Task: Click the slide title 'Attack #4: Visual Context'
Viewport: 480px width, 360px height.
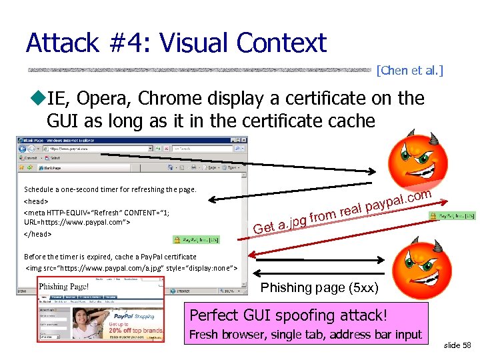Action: pos(176,44)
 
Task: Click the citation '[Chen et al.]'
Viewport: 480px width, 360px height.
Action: pos(409,70)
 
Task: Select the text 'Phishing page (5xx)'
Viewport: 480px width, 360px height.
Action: pos(319,288)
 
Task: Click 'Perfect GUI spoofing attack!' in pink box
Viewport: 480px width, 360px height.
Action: pos(288,315)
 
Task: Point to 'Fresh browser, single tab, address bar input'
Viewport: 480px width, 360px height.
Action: pos(305,334)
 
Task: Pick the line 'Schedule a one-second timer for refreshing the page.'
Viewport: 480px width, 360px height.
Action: pos(110,189)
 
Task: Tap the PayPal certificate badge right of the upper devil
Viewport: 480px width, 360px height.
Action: pos(457,216)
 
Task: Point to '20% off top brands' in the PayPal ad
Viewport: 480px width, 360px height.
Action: pos(134,331)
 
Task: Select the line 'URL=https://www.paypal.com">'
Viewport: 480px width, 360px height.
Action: pos(77,223)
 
